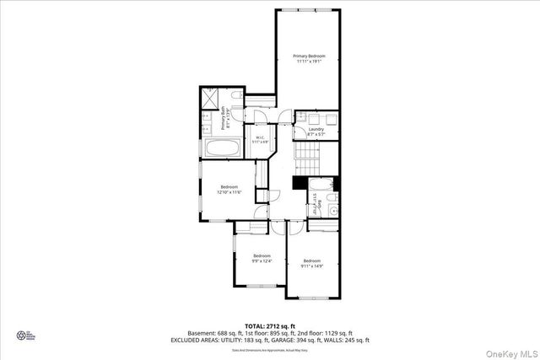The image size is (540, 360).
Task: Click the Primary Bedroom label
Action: click(309, 58)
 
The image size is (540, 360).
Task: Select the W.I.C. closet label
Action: click(260, 140)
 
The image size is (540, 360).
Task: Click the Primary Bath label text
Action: click(226, 117)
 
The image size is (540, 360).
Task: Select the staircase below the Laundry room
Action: click(315, 156)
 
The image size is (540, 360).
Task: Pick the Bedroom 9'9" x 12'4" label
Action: click(262, 258)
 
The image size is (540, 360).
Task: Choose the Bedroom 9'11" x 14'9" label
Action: click(312, 263)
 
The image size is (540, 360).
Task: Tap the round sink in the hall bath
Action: click(333, 209)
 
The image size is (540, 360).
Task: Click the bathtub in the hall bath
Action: click(324, 185)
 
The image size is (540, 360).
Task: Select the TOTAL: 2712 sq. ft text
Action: click(270, 325)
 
